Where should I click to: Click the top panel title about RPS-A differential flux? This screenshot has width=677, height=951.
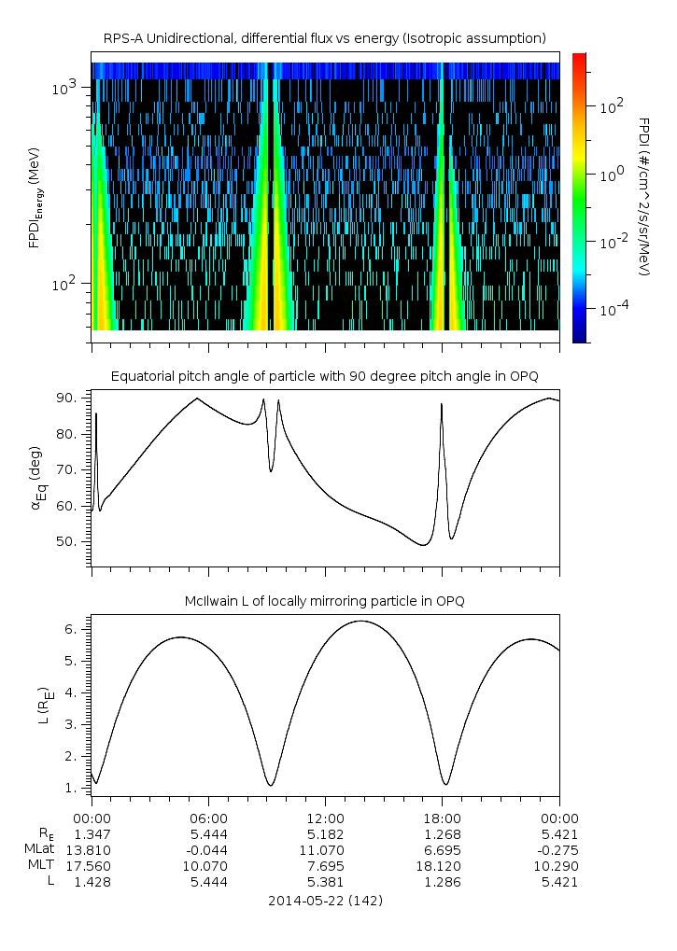click(x=324, y=38)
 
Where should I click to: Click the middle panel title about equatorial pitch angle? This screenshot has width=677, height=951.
click(x=324, y=376)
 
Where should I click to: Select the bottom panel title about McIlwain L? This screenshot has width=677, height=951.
click(x=324, y=601)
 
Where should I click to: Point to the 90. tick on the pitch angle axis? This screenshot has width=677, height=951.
click(x=72, y=399)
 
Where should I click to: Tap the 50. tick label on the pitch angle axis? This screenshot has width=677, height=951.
click(x=72, y=541)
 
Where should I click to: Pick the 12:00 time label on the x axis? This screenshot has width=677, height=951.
click(x=325, y=818)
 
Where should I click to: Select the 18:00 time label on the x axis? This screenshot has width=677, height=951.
click(x=442, y=818)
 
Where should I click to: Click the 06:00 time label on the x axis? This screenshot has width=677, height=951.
click(x=208, y=818)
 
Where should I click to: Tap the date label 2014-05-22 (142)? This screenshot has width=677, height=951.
click(x=325, y=901)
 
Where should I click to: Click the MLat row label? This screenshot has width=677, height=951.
click(x=40, y=849)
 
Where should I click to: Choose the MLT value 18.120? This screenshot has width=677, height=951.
click(x=442, y=865)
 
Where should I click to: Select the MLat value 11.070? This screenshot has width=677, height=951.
click(x=325, y=849)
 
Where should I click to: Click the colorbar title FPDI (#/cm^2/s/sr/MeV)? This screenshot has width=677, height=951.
click(x=643, y=196)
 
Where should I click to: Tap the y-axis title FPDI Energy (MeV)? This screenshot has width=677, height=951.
click(x=35, y=197)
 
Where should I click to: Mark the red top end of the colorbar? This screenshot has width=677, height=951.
click(x=579, y=58)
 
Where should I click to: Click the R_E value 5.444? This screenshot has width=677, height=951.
click(x=208, y=833)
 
